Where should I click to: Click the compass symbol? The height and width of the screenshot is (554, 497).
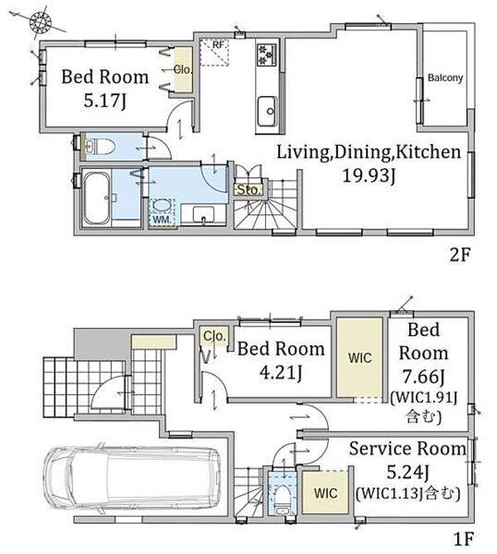click(41, 23)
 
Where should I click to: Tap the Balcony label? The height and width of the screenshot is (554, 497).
click(445, 78)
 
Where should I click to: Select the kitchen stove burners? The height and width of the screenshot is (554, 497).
click(267, 54)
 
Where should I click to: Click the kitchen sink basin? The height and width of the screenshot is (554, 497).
click(267, 111)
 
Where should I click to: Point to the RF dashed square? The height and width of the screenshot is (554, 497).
click(214, 53)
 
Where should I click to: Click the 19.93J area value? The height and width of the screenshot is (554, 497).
click(369, 175)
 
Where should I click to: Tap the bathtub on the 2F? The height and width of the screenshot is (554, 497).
click(96, 199)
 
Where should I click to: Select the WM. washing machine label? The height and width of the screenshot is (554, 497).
click(162, 220)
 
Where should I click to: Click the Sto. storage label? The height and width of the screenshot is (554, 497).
click(249, 190)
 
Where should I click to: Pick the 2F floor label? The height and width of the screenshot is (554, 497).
click(460, 255)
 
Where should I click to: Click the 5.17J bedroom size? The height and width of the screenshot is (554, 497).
click(104, 102)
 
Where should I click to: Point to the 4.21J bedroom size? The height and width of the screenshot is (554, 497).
click(281, 373)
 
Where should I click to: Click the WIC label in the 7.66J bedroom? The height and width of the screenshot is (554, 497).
click(359, 358)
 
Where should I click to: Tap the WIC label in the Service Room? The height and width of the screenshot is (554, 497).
click(325, 493)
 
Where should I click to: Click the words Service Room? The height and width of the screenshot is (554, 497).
click(407, 449)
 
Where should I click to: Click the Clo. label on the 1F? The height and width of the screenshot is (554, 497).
click(215, 336)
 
